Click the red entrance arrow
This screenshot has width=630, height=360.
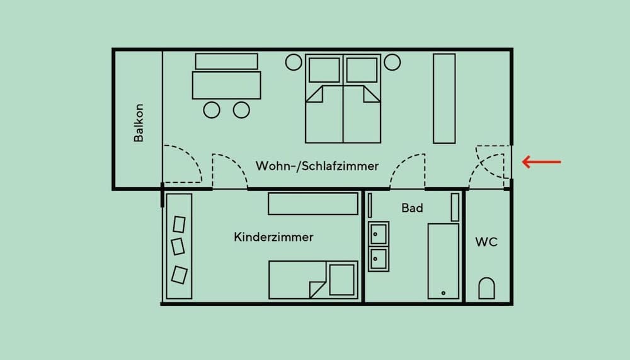[x=541, y=161]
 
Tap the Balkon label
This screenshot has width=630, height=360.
[x=139, y=123]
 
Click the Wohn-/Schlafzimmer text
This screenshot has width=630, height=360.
[x=317, y=166]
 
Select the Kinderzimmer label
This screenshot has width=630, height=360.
[x=273, y=237]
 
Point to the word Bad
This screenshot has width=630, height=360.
[x=412, y=208]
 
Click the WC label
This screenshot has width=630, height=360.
[x=486, y=241]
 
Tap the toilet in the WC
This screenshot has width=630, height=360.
[x=486, y=288]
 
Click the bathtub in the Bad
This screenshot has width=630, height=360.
[x=443, y=261]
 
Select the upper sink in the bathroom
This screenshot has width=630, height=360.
[x=378, y=234]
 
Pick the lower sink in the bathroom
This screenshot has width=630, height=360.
[x=378, y=259]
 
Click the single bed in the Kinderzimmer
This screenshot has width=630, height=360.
[x=313, y=280]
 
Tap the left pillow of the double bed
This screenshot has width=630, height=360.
[x=324, y=70]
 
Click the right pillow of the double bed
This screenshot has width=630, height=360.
[x=362, y=70]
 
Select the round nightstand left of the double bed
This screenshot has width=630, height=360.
[x=294, y=62]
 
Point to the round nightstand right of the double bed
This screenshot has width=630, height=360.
[x=392, y=62]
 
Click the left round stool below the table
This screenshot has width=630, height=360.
[x=212, y=110]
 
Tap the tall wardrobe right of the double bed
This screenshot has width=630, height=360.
[x=444, y=98]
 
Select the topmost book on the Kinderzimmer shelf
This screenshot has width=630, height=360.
[x=179, y=224]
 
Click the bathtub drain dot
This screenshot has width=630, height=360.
[x=443, y=293]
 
